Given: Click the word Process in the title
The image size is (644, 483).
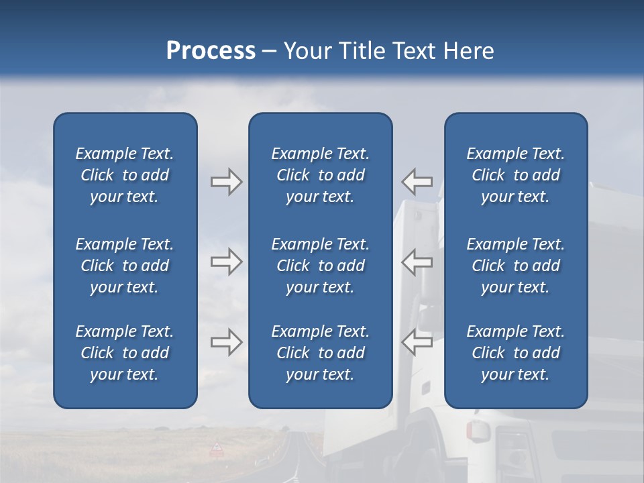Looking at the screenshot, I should click(x=211, y=51).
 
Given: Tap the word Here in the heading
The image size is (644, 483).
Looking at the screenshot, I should click(x=468, y=51).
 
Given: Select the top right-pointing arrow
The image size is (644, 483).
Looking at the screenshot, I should click(x=227, y=182).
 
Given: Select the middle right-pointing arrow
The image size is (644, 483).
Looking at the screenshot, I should click(x=227, y=262).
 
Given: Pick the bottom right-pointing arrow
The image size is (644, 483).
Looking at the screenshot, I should click(x=227, y=342).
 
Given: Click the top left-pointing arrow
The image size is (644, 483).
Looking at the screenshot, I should click(x=417, y=181).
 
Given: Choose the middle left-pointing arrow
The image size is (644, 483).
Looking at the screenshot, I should click(x=417, y=262).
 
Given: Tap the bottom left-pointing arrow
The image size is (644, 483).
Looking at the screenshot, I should click(x=417, y=342).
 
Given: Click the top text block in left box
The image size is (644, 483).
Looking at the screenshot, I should click(x=125, y=175).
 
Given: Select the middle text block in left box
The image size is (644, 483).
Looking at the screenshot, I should click(x=125, y=266).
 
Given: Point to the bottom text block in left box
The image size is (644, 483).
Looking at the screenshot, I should click(x=125, y=353).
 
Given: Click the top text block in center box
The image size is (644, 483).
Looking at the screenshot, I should click(x=321, y=175).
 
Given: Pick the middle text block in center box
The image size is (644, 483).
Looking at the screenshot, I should click(x=321, y=266).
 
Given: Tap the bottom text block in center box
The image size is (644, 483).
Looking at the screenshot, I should click(x=321, y=353).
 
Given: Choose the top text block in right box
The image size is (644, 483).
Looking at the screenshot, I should click(x=516, y=175).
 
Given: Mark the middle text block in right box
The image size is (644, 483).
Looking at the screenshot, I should click(x=516, y=266).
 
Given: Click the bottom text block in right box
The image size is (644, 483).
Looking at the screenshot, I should click(x=516, y=353).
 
